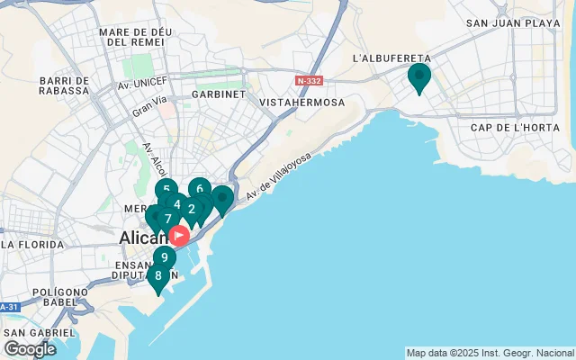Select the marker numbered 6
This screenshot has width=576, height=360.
[x=200, y=190]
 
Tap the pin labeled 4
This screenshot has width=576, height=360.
[x=176, y=204]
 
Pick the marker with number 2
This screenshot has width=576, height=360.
[x=191, y=210]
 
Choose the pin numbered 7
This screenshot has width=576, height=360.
[x=167, y=219]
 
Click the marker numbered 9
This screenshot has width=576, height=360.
[x=164, y=257]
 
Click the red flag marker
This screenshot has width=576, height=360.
[x=179, y=236]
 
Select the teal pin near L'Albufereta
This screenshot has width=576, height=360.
[x=418, y=76]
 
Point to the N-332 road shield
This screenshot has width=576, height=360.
[x=309, y=81]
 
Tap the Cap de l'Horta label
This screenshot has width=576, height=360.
[x=509, y=127]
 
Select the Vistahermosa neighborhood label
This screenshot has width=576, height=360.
[x=302, y=103]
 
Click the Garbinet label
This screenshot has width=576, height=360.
[x=218, y=94]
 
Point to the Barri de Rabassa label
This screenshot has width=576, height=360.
[x=65, y=85]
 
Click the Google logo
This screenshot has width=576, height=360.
[x=30, y=348]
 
